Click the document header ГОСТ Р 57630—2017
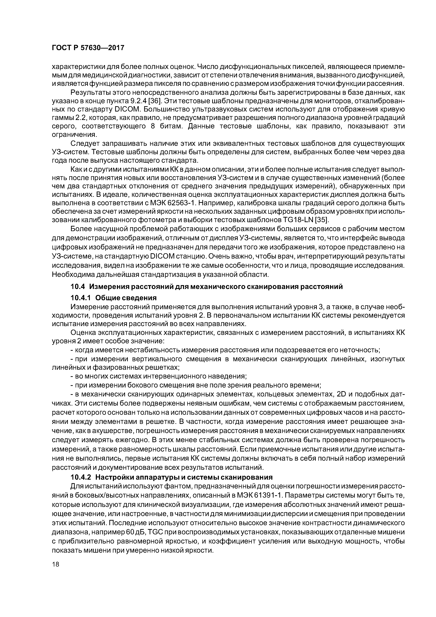point(88,48)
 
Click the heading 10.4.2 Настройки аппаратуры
point(171,477)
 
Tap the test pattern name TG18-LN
point(299,220)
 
